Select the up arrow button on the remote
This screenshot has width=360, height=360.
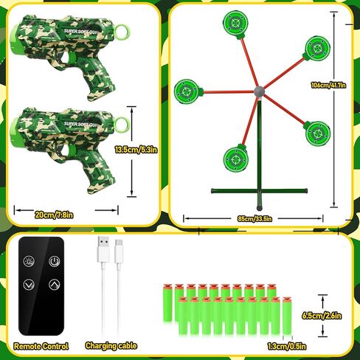point(55,285)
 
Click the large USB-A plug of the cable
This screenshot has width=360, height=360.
point(102,250)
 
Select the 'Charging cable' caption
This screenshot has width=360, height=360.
point(110,345)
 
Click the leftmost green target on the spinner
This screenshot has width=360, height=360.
point(187,91)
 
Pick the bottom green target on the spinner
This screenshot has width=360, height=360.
point(235,156)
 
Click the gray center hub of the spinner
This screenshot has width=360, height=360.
point(259,92)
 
